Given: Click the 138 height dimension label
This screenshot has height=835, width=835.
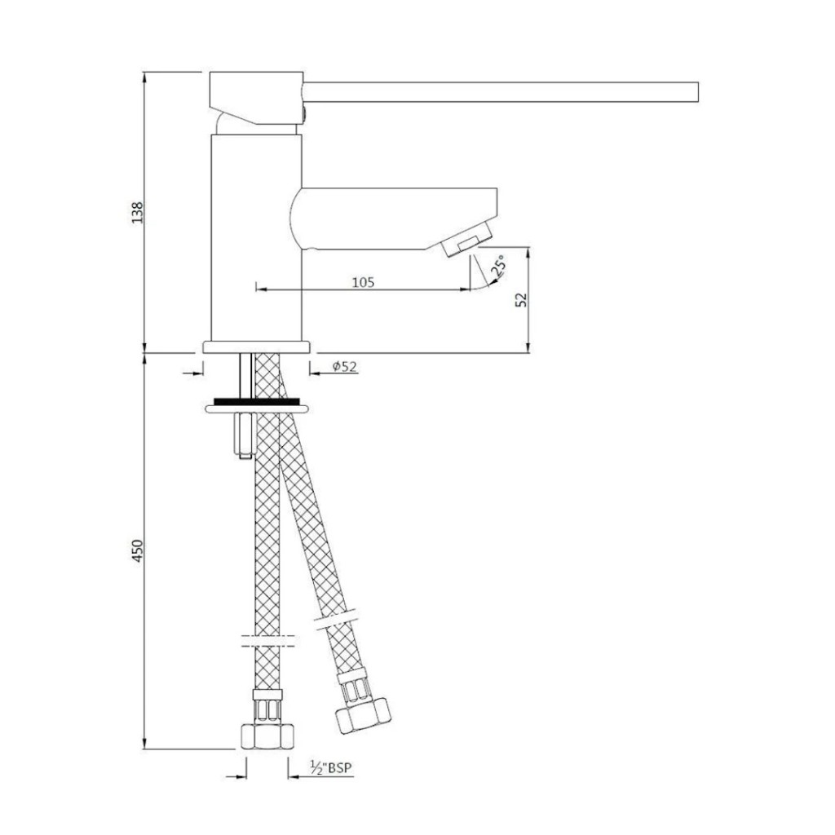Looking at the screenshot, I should (x=138, y=213).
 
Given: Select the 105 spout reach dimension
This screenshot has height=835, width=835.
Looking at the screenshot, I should (x=362, y=282).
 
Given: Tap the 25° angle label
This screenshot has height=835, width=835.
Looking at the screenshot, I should (x=498, y=265).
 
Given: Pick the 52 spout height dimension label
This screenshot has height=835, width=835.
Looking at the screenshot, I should (x=523, y=299).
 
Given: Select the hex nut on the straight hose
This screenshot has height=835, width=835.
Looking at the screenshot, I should (x=267, y=736).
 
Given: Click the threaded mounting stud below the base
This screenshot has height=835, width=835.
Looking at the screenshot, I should (x=244, y=375).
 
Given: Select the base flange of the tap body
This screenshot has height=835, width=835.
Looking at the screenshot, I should (x=256, y=347).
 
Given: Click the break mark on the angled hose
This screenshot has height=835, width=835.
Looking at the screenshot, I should (x=335, y=621).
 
